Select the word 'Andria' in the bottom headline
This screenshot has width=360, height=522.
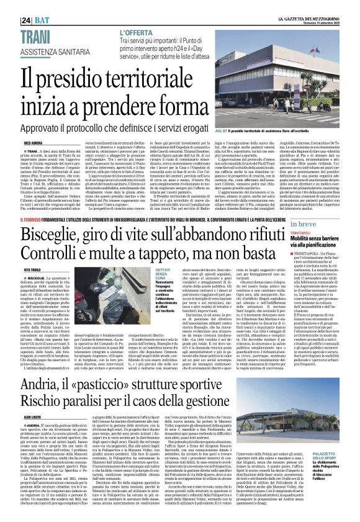37,370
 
